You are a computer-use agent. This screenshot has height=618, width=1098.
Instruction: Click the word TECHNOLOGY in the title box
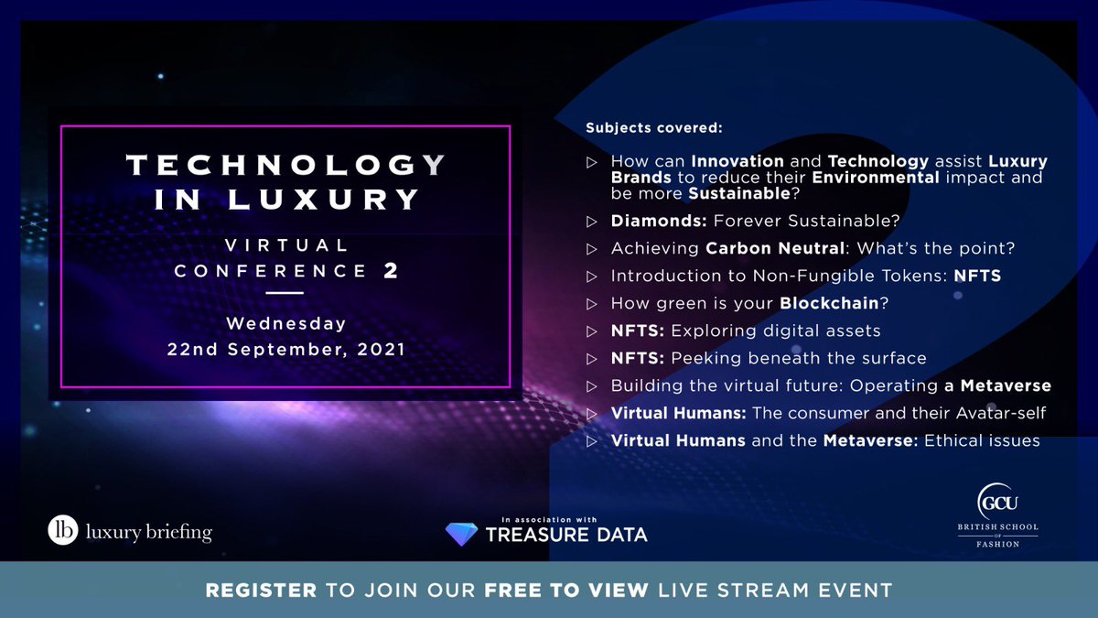click(285, 166)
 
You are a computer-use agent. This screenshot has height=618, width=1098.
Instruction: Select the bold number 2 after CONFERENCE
click(391, 271)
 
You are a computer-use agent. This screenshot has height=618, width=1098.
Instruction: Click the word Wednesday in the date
click(285, 323)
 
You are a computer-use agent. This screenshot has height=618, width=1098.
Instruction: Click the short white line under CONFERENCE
click(285, 293)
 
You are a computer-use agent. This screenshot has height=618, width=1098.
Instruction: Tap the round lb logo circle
click(63, 532)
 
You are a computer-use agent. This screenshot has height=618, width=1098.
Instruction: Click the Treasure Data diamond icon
click(461, 535)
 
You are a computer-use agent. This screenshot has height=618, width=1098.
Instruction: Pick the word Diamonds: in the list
click(658, 221)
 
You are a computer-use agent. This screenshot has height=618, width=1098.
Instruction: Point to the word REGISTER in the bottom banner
click(261, 590)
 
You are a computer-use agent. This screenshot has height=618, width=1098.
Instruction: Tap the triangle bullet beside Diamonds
click(591, 221)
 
